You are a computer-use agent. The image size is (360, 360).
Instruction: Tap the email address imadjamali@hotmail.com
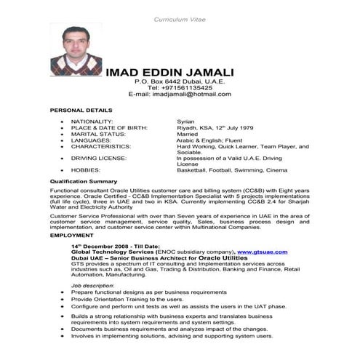(x=180, y=95)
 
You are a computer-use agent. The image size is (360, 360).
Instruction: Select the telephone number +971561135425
(x=180, y=88)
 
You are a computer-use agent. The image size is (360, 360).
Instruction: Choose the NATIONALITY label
(x=92, y=121)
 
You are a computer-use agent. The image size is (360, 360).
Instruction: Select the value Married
(x=188, y=134)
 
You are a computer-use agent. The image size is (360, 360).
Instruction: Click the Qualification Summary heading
(x=84, y=180)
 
